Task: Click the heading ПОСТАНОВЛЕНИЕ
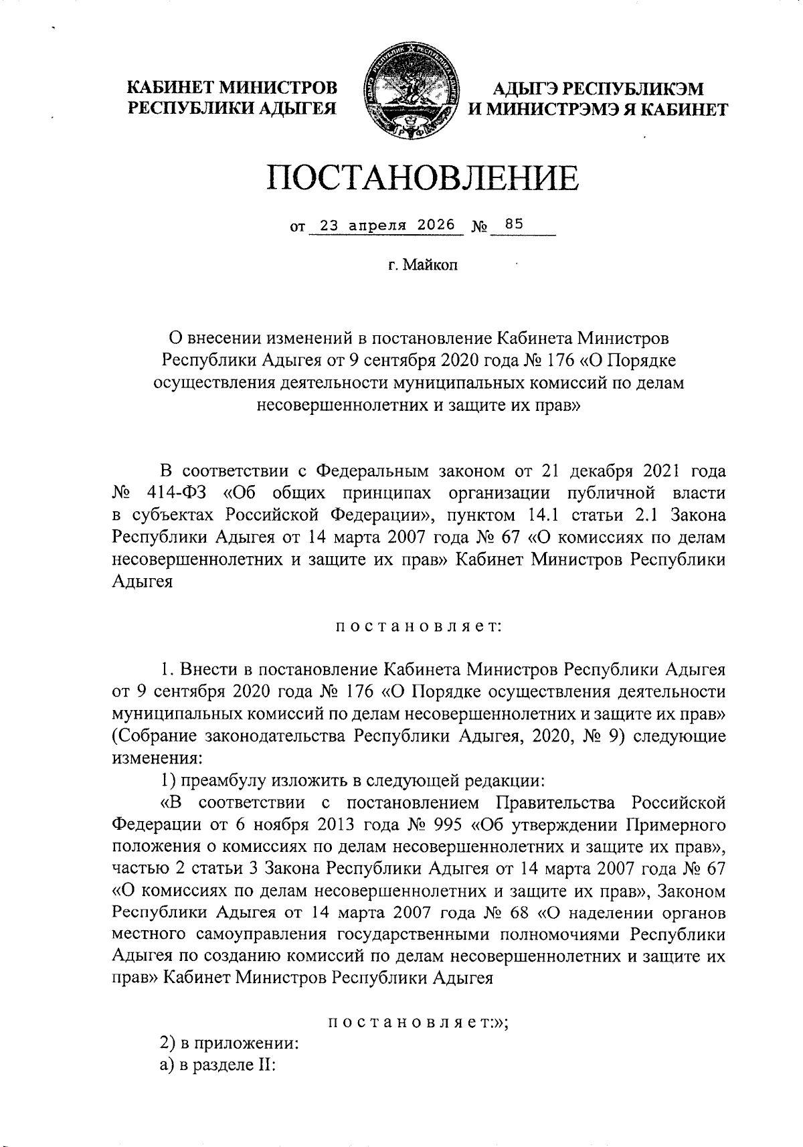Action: (422, 177)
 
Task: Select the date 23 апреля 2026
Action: (387, 226)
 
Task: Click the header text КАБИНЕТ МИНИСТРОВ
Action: (232, 88)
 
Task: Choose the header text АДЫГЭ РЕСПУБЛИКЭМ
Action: (598, 88)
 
